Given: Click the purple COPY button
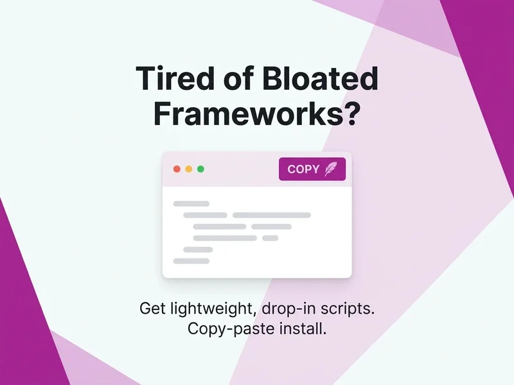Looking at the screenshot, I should (x=312, y=169).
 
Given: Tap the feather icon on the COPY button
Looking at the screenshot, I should (x=331, y=169).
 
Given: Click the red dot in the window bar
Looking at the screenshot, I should (x=177, y=169).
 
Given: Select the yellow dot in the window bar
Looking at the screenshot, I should (x=188, y=169).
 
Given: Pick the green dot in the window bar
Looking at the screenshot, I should (x=200, y=169).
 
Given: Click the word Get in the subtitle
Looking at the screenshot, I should (x=152, y=309).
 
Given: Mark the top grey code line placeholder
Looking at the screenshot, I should (x=191, y=203).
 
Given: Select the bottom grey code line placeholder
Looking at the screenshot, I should (x=191, y=261).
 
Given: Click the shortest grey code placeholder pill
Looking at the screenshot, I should (x=270, y=238).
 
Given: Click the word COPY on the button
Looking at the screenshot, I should (x=303, y=169).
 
